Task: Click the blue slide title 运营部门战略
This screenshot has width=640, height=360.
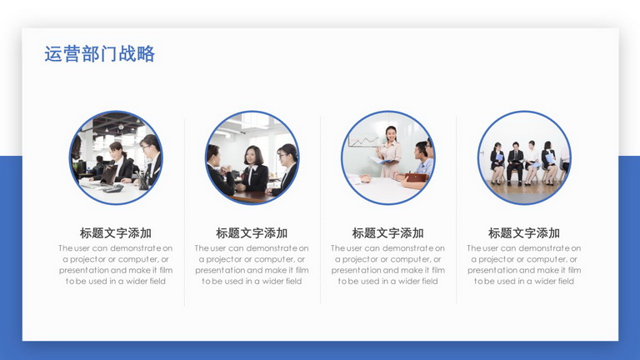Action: pos(100,54)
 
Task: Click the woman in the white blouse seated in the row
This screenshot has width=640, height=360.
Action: pos(532,162)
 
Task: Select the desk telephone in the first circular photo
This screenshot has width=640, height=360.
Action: pos(113,188)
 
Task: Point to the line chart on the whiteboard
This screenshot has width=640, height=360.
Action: pos(362,141)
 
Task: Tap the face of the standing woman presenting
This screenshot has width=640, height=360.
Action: pos(391,134)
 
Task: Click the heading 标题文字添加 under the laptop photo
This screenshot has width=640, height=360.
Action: pos(116,233)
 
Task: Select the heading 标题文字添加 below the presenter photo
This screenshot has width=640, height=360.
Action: pos(387,233)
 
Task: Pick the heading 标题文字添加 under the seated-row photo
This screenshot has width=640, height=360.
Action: pos(524,233)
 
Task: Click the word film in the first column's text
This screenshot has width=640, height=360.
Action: pos(166,270)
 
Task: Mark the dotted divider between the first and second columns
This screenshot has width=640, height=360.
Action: pos(184,212)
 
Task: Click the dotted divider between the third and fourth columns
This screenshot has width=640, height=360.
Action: pos(457,210)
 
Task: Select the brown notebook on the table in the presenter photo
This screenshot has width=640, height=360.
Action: pos(417,177)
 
